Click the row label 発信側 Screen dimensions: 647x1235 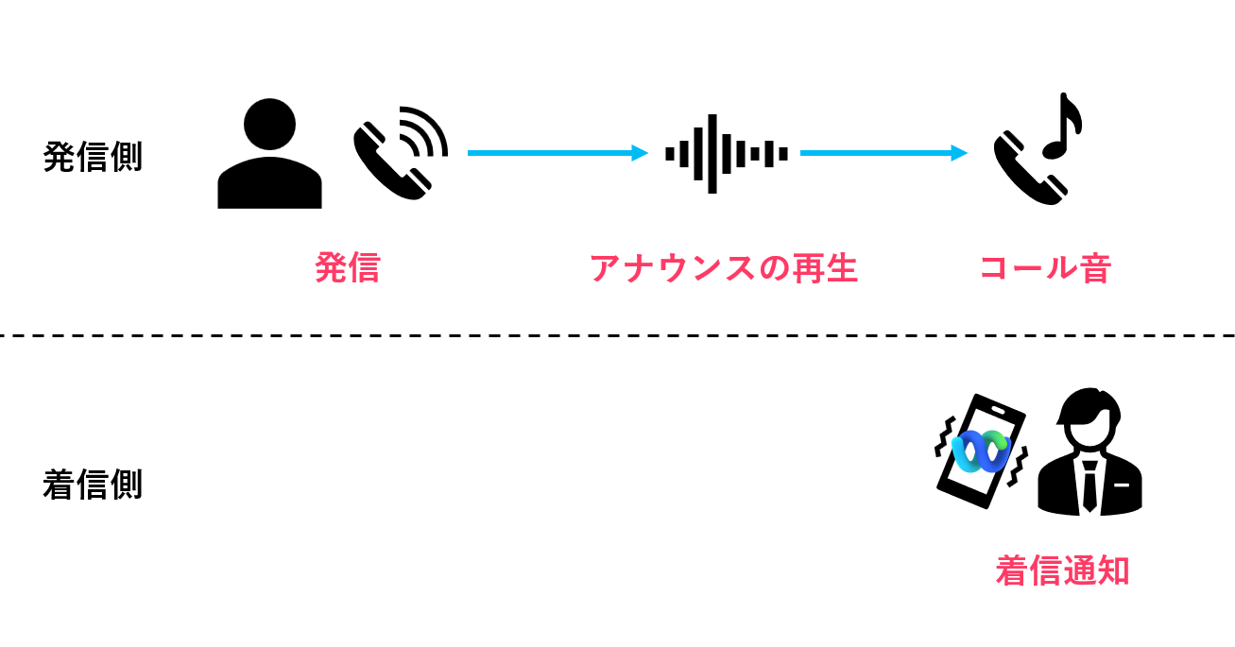(x=93, y=157)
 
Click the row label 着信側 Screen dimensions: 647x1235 (x=93, y=485)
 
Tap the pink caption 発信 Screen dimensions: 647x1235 (x=347, y=268)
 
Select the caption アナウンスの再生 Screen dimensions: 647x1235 (x=723, y=268)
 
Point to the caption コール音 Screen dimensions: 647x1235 (x=1044, y=268)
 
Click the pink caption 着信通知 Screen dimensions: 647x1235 (x=1062, y=570)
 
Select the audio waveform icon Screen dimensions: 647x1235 (x=726, y=153)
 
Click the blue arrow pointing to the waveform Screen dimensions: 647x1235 (x=557, y=153)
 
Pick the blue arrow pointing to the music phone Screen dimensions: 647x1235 (x=883, y=153)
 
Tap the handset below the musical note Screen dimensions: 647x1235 (x=1025, y=170)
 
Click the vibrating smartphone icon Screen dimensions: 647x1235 (x=981, y=451)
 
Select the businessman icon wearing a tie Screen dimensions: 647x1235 (x=1089, y=453)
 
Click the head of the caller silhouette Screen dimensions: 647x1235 (x=269, y=124)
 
